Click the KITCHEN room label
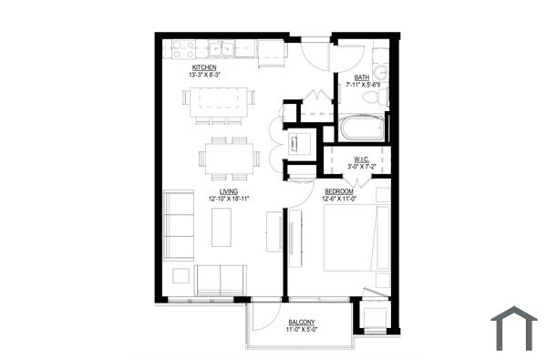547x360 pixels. coord(203,67)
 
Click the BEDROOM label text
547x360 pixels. coord(340,191)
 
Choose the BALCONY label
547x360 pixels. coord(302,324)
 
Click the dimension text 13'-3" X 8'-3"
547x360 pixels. coord(205,74)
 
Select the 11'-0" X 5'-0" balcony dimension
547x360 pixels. coord(302,331)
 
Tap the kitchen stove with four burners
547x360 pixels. coord(176,50)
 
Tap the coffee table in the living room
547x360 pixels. coord(222,227)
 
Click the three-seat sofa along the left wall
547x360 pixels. coord(179,225)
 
